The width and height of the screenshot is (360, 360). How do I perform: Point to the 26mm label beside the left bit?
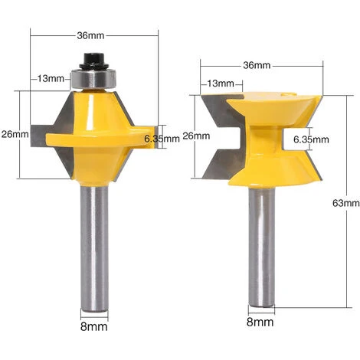(15, 133)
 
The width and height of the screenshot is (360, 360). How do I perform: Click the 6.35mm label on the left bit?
(162, 138)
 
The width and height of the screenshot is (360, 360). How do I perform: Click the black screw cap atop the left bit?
(96, 59)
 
